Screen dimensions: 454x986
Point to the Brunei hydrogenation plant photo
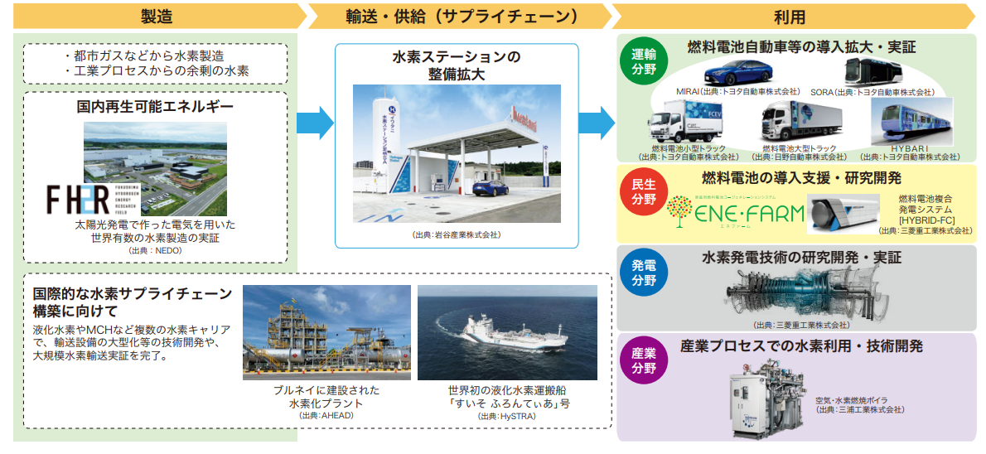pyautogui.click(x=326, y=332)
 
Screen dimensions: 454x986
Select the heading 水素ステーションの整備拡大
pyautogui.click(x=457, y=65)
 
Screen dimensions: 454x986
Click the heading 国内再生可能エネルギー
pyautogui.click(x=155, y=107)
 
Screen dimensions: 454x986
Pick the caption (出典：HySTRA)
pyautogui.click(x=505, y=416)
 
